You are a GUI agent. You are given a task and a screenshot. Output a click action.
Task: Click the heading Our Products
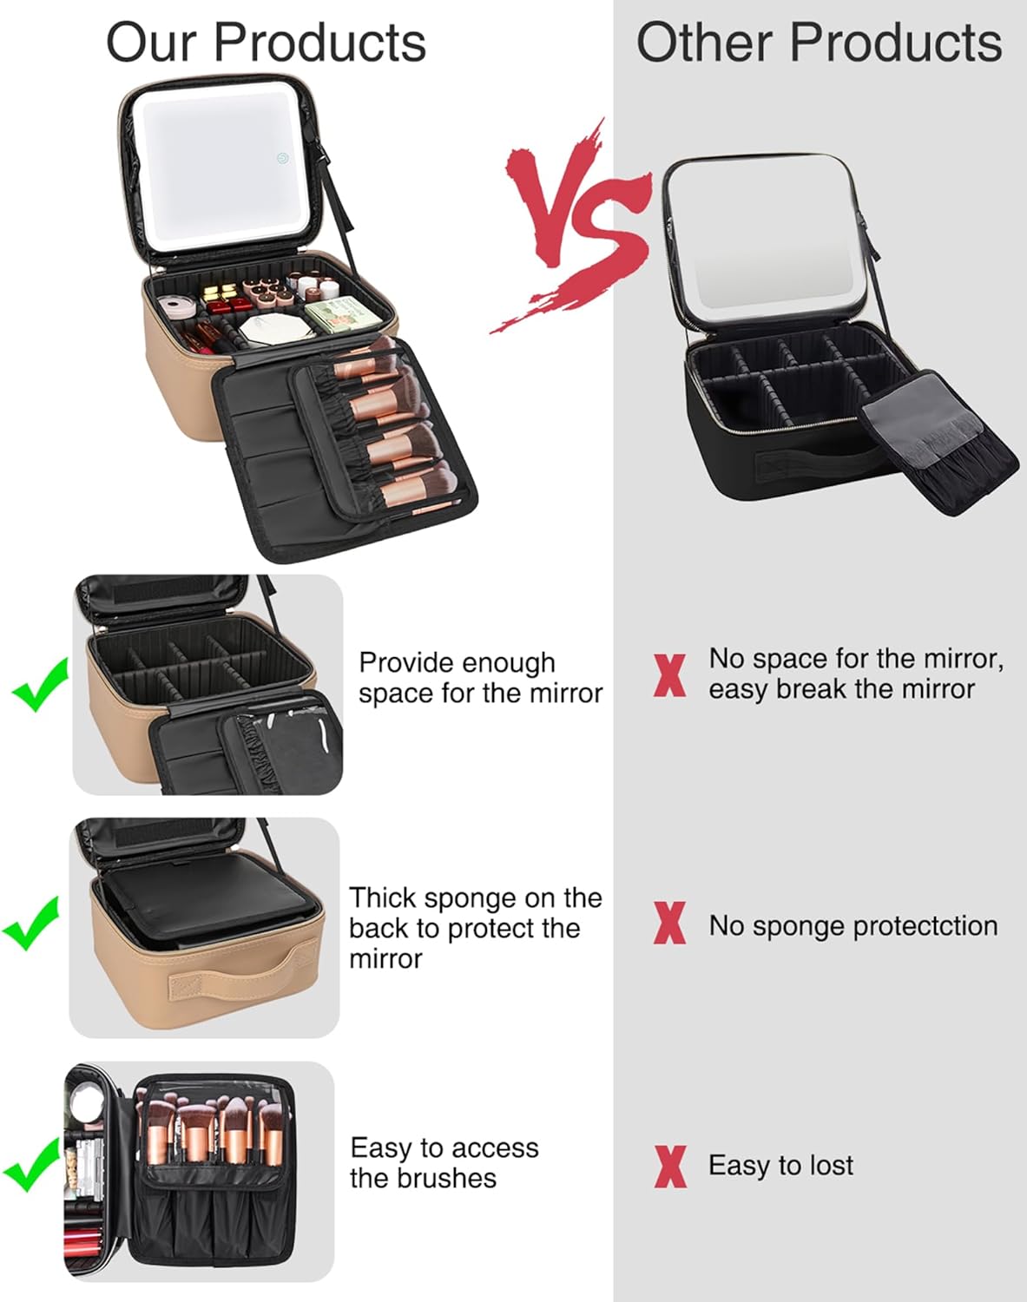[266, 43]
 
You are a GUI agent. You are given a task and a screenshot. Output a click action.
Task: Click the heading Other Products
[819, 43]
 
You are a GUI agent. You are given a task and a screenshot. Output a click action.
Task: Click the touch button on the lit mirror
[283, 159]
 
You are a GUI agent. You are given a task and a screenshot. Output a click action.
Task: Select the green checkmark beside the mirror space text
[40, 684]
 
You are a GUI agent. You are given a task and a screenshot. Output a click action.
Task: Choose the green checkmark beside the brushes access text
[31, 1165]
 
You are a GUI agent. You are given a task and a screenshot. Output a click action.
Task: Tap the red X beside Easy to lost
[670, 1166]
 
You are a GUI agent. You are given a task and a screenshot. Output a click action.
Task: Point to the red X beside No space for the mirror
[669, 675]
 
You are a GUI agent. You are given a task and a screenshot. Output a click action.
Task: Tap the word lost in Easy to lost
[830, 1165]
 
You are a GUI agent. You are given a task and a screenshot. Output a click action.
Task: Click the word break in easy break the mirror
[811, 689]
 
